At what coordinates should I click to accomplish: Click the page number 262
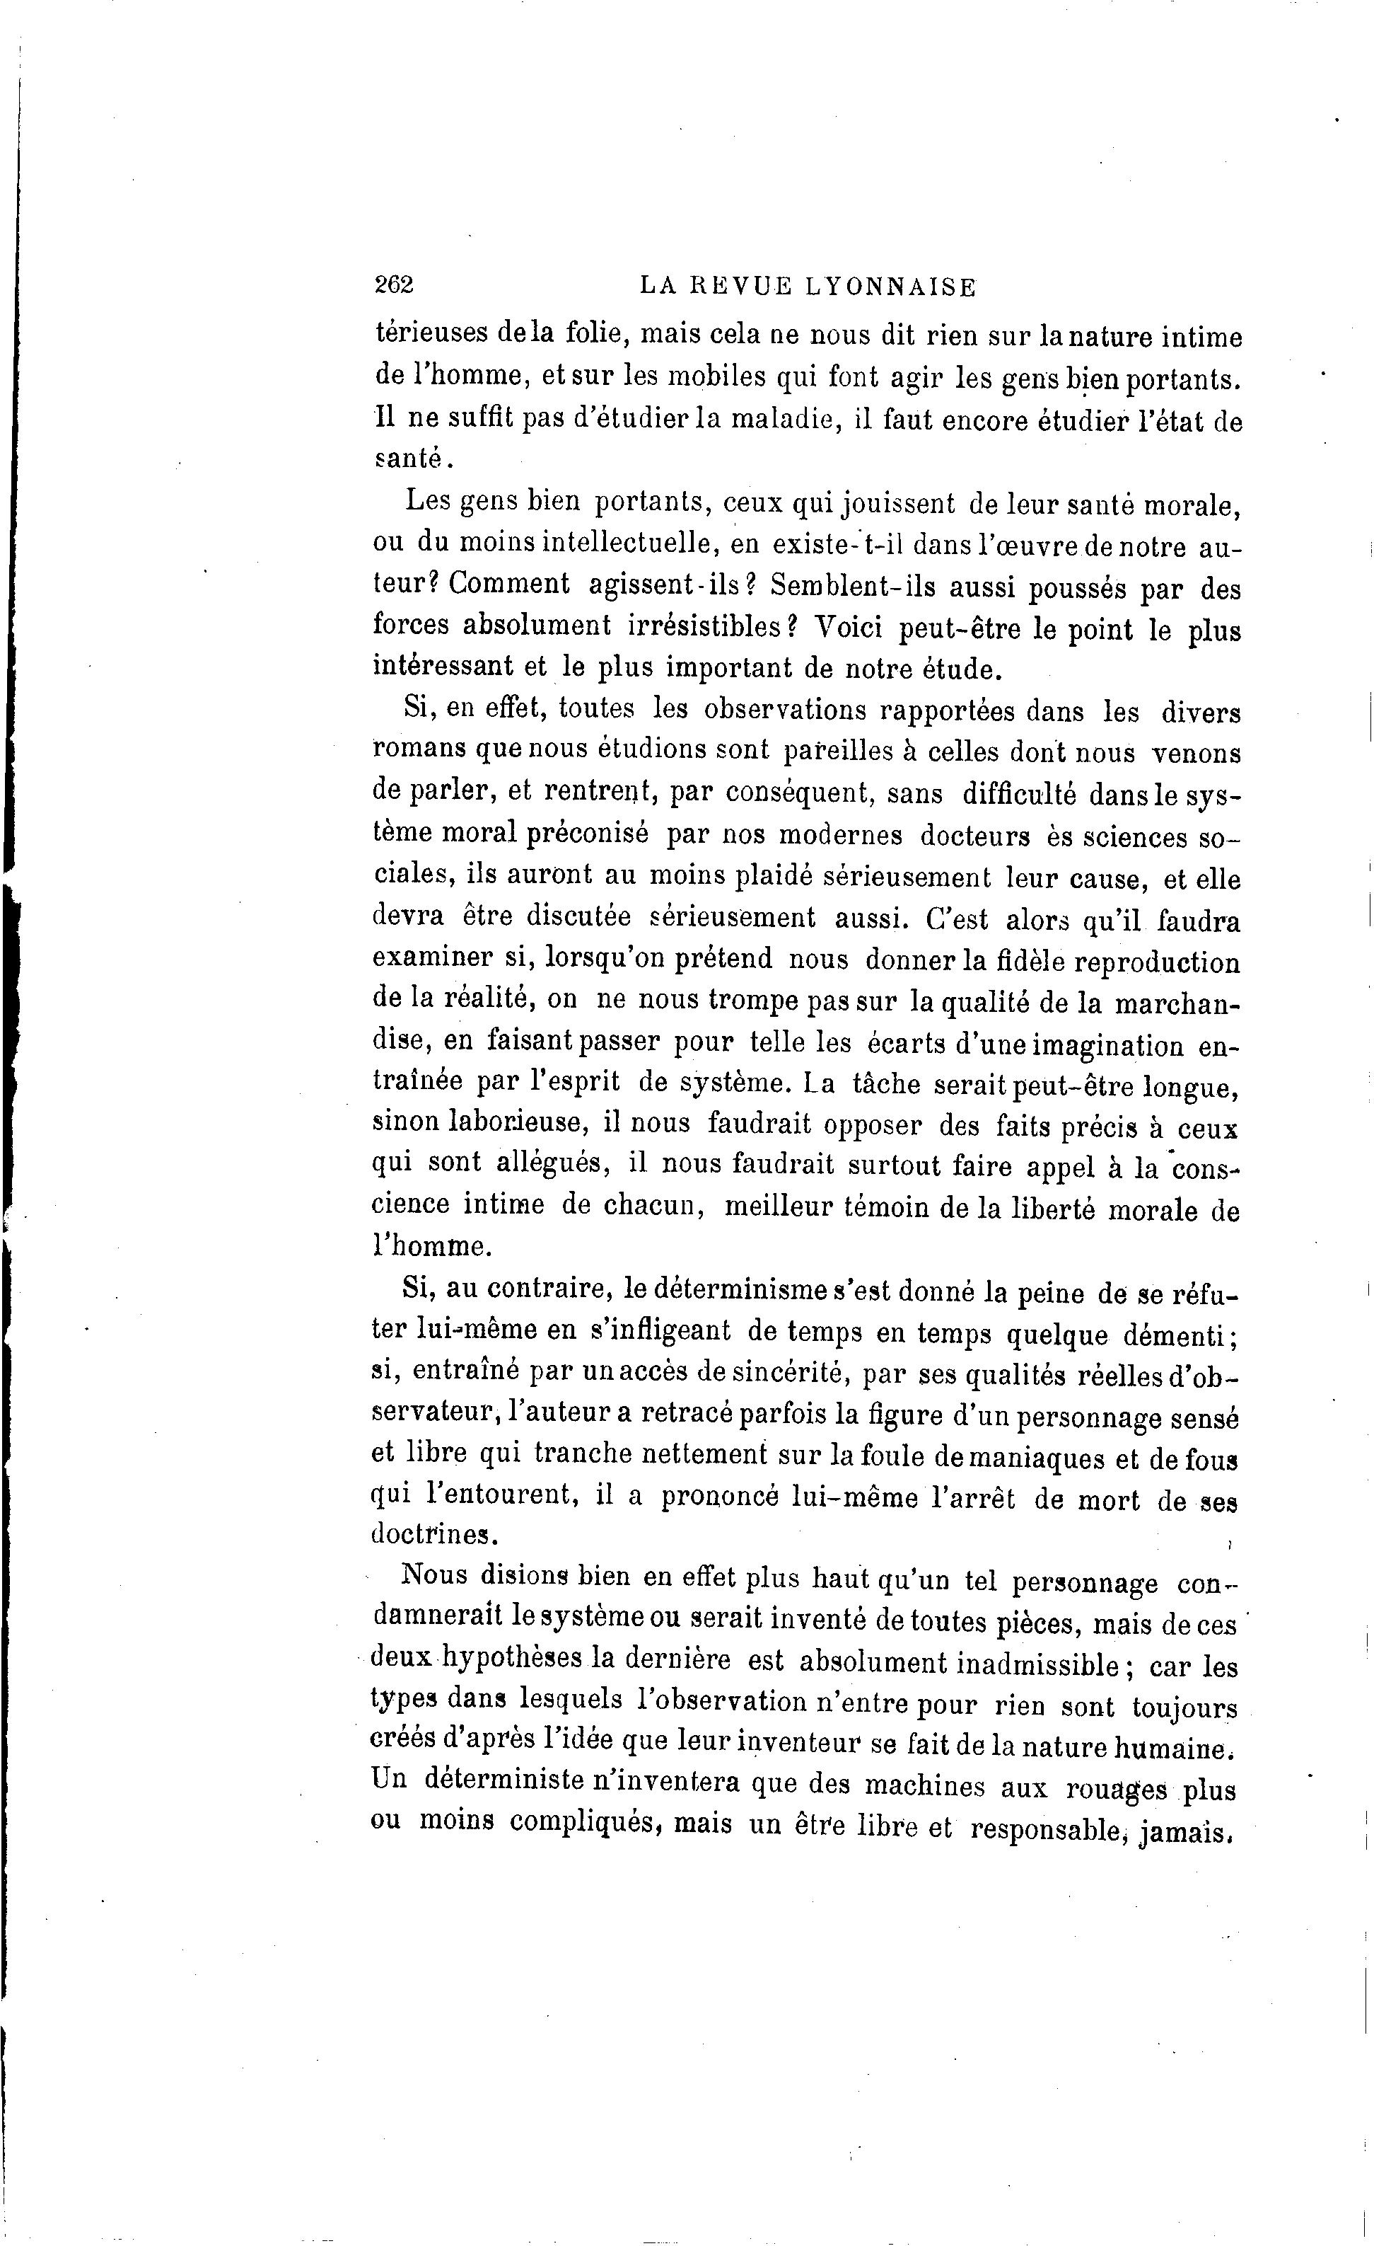[395, 285]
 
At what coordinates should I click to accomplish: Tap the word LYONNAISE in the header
[891, 287]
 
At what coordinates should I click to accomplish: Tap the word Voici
[844, 628]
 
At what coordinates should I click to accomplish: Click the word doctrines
[433, 1534]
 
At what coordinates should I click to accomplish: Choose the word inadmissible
[1037, 1664]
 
